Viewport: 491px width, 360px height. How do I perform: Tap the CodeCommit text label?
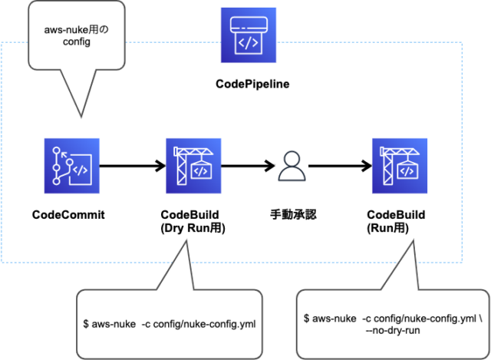pyautogui.click(x=68, y=214)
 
